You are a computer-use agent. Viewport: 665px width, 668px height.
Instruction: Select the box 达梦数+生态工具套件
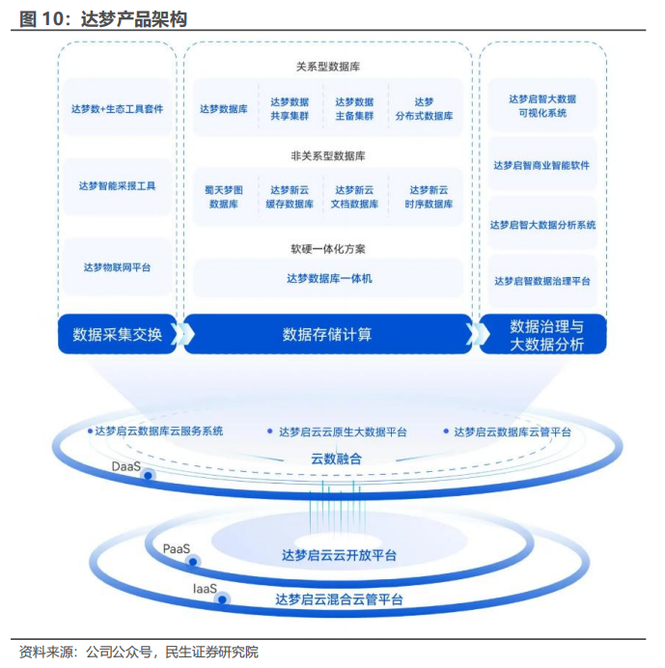click(117, 109)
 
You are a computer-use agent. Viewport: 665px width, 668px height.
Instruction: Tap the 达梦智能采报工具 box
click(117, 185)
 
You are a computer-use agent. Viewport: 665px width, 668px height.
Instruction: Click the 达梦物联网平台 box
click(117, 266)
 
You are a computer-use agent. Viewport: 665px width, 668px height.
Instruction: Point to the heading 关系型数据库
click(328, 67)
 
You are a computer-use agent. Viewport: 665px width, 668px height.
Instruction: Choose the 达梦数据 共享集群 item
click(290, 109)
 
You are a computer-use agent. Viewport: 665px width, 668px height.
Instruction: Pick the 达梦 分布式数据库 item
click(424, 109)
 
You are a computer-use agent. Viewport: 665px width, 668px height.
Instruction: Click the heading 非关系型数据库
click(328, 155)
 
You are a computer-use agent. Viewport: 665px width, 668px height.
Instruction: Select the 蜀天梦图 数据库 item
click(224, 198)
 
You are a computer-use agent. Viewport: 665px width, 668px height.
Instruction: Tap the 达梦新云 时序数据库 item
click(429, 198)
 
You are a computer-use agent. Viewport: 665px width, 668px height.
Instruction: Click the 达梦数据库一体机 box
click(328, 279)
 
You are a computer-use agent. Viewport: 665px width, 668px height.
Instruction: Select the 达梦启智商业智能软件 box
click(542, 165)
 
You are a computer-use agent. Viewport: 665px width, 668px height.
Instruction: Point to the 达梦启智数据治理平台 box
click(542, 281)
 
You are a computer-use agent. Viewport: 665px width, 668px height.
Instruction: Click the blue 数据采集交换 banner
click(117, 334)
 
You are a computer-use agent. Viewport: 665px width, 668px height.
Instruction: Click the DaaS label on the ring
click(125, 466)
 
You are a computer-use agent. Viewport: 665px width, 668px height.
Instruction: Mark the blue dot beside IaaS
click(223, 599)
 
